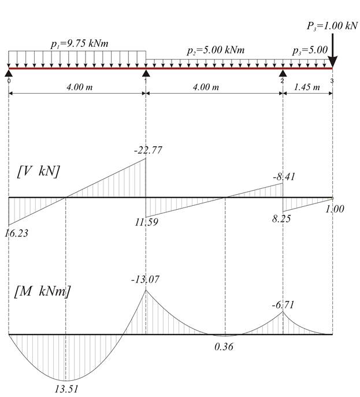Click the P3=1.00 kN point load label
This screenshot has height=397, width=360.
tap(332, 26)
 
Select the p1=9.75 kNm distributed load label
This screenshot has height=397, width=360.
tap(80, 44)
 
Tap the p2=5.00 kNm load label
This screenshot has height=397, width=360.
tap(216, 50)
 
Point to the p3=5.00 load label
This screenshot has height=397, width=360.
tap(310, 50)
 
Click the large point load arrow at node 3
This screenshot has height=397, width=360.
tap(332, 51)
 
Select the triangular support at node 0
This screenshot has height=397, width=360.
tap(9, 73)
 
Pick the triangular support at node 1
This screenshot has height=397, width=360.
tap(146, 73)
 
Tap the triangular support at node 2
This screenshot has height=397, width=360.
tap(283, 73)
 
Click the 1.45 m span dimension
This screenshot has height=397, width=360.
tap(307, 87)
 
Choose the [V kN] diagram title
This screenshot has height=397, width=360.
tap(39, 172)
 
